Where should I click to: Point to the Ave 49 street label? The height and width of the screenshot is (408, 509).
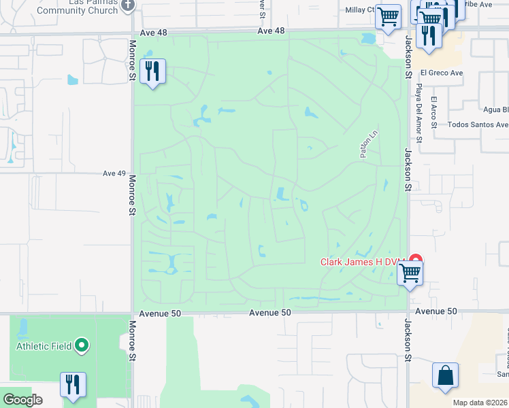(114, 173)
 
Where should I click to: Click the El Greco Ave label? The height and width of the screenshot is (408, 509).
(441, 73)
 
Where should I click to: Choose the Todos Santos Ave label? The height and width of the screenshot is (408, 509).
(478, 125)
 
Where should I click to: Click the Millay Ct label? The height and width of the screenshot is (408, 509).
(360, 10)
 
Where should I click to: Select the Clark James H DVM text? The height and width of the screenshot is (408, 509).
(363, 262)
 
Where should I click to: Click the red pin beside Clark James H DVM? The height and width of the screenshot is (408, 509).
(414, 261)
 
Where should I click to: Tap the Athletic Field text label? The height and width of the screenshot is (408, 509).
(44, 346)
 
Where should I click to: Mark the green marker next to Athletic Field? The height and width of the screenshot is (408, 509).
(82, 346)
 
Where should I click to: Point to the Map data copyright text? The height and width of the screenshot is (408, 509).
(480, 403)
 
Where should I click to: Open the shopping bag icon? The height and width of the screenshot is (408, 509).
(445, 375)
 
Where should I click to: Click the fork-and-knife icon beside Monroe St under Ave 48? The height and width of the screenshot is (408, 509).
(152, 71)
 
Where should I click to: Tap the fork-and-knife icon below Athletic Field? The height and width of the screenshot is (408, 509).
(72, 384)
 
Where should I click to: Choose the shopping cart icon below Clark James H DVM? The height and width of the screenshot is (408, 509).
(410, 273)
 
